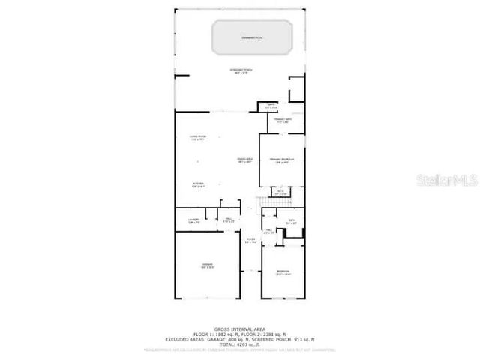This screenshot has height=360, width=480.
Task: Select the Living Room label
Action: [x=197, y=137]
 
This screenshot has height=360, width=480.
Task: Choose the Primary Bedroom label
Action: [x=281, y=160]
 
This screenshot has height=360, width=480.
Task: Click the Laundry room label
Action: [x=193, y=220]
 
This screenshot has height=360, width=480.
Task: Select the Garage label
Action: [x=208, y=265]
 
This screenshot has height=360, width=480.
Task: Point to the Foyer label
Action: [x=250, y=240]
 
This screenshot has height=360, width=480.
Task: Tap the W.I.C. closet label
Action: [x=280, y=193]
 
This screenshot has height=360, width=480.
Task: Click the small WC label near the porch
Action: [x=271, y=106]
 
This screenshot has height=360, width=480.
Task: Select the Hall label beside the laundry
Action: [x=229, y=220]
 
